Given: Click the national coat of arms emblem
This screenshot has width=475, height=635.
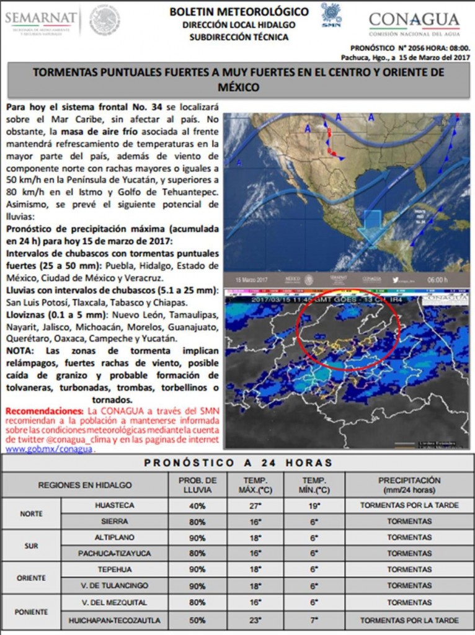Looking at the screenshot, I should coord(105,20).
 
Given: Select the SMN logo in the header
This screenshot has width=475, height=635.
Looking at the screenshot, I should coord(331,15).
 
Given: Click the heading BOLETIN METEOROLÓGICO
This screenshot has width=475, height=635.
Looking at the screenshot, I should coord(239,12).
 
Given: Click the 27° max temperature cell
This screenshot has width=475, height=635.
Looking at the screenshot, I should coord(254,505).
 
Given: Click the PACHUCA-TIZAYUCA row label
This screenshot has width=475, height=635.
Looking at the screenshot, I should coord(115,553).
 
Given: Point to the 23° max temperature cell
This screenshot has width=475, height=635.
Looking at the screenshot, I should coord(254,619).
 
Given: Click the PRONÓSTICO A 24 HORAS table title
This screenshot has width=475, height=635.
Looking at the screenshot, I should coord(238,463).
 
